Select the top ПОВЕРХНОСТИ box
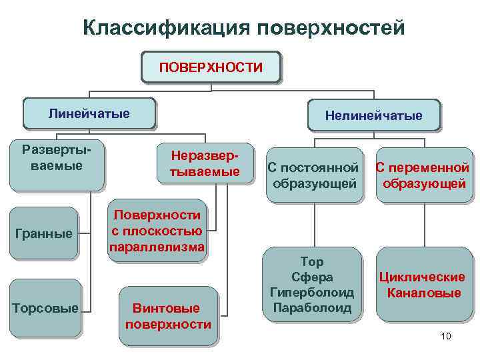point(211,67)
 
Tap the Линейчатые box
point(89,113)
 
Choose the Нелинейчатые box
point(373,115)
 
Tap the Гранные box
point(43,233)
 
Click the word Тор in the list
point(311,262)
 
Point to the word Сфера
point(311,277)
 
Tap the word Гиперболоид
point(311,292)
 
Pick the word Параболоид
point(311,307)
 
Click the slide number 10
point(446,336)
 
